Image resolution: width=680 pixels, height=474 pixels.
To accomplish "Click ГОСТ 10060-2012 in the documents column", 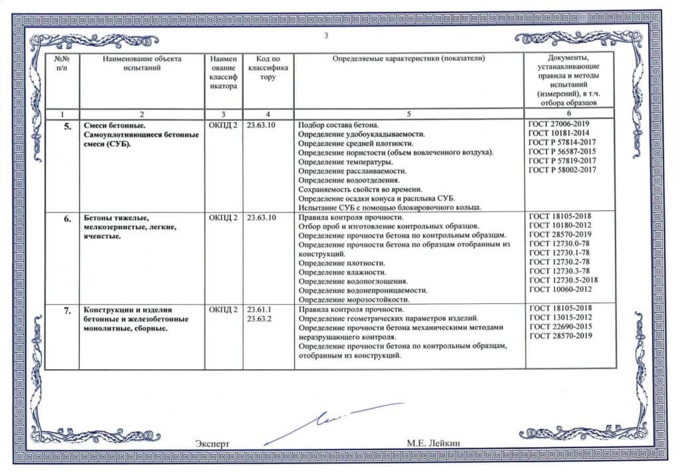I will tap(560, 289).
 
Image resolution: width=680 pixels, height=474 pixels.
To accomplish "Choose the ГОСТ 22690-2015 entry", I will tap(560, 327).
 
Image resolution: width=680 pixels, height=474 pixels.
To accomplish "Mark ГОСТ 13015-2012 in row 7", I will tap(560, 318).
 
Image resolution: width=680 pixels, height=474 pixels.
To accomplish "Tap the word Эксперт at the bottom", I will tap(212, 442).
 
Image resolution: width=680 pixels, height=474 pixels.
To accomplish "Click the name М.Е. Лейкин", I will tap(434, 442).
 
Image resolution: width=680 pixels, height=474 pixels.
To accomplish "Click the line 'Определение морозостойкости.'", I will tap(353, 299).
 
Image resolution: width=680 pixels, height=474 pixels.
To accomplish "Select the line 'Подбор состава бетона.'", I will tap(338, 125).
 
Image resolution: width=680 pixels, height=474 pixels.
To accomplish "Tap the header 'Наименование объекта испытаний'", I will tap(142, 63).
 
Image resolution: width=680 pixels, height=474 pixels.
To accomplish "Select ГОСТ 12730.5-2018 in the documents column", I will tap(563, 280).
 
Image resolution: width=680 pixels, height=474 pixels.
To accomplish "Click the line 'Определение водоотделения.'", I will tap(349, 180).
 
